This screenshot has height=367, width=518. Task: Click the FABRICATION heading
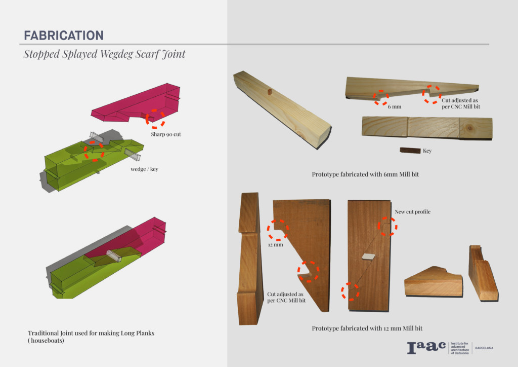pyautogui.click(x=63, y=35)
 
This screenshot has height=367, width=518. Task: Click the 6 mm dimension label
pyautogui.click(x=394, y=107)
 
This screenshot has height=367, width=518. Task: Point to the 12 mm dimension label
pyautogui.click(x=276, y=245)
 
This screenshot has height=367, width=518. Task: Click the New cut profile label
pyautogui.click(x=412, y=211)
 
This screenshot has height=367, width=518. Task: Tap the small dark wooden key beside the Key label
pyautogui.click(x=409, y=150)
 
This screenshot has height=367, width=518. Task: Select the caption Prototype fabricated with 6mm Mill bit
pyautogui.click(x=365, y=174)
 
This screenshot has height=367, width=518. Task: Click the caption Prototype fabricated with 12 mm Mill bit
pyautogui.click(x=367, y=328)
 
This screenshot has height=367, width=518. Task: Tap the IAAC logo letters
pyautogui.click(x=425, y=348)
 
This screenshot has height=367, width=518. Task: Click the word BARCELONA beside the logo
pyautogui.click(x=484, y=348)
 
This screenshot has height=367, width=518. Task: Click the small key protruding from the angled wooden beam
pyautogui.click(x=270, y=92)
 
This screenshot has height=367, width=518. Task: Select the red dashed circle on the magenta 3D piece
pyautogui.click(x=155, y=118)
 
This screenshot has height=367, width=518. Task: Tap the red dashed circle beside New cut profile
pyautogui.click(x=388, y=226)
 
